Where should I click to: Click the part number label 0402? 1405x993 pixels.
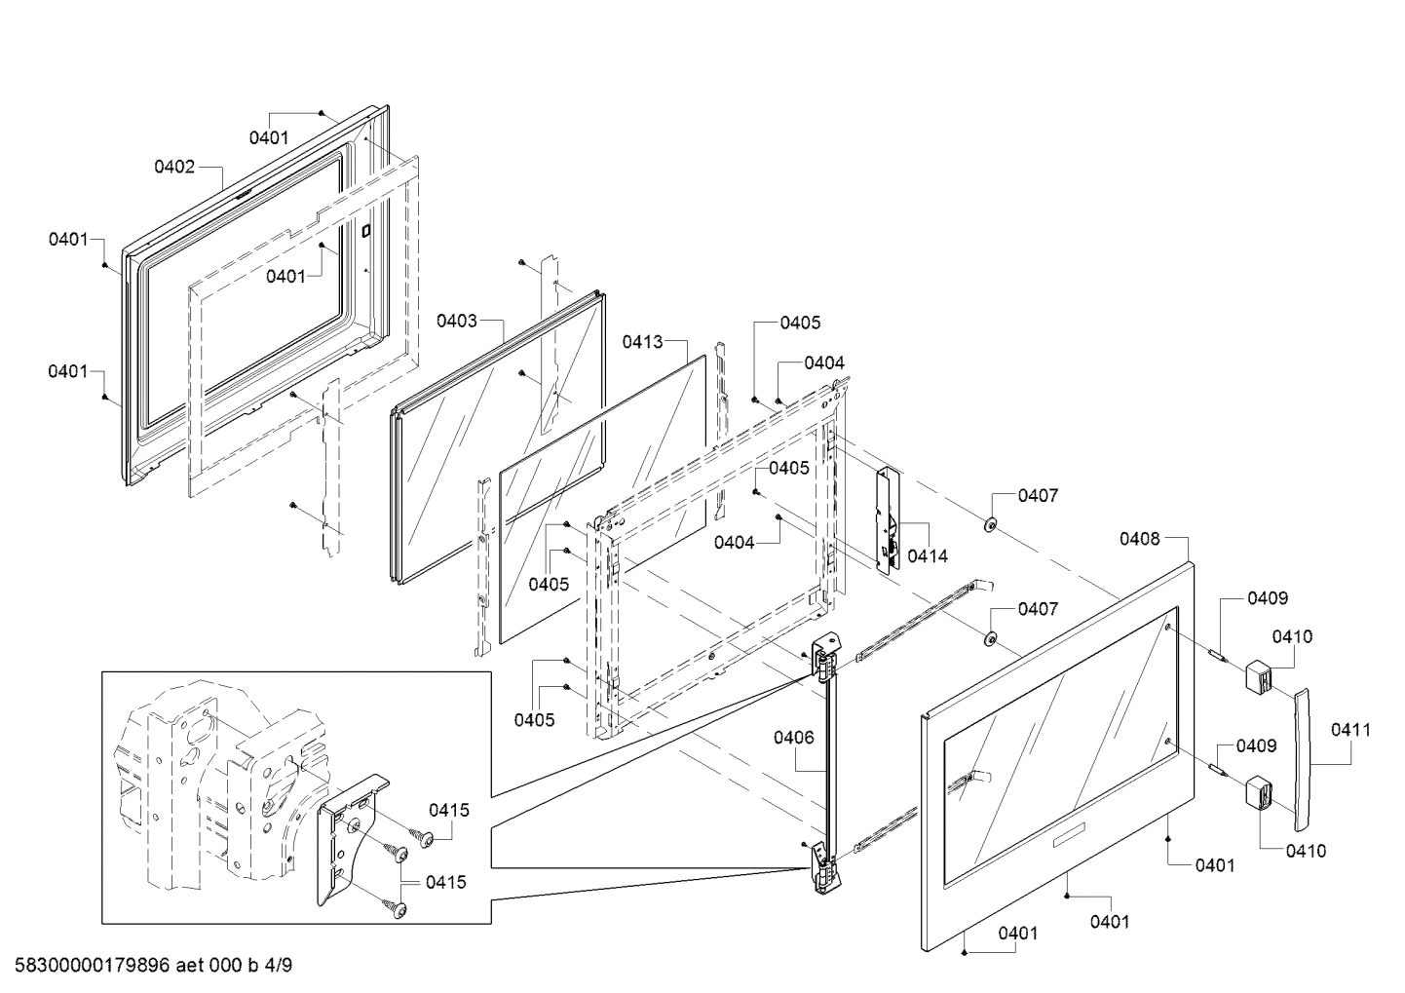coord(174,167)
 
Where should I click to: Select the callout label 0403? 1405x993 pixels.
coord(456,321)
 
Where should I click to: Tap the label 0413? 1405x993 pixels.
coord(643,342)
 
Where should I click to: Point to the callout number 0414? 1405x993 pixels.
coord(927,555)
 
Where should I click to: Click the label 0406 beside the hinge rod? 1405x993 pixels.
coord(794,738)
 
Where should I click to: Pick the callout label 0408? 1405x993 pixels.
coord(1139,538)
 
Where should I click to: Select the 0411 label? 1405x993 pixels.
coord(1350,729)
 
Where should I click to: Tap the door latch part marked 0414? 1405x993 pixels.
coord(889,521)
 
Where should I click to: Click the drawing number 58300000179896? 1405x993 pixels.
coord(93,966)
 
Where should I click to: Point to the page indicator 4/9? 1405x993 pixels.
coord(278,966)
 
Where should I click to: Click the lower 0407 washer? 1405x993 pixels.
coord(988,639)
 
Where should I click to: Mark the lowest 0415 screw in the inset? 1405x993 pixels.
coord(398,909)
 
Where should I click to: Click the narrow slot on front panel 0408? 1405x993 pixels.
coord(1073,834)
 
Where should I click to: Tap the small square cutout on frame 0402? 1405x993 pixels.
coord(366,232)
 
